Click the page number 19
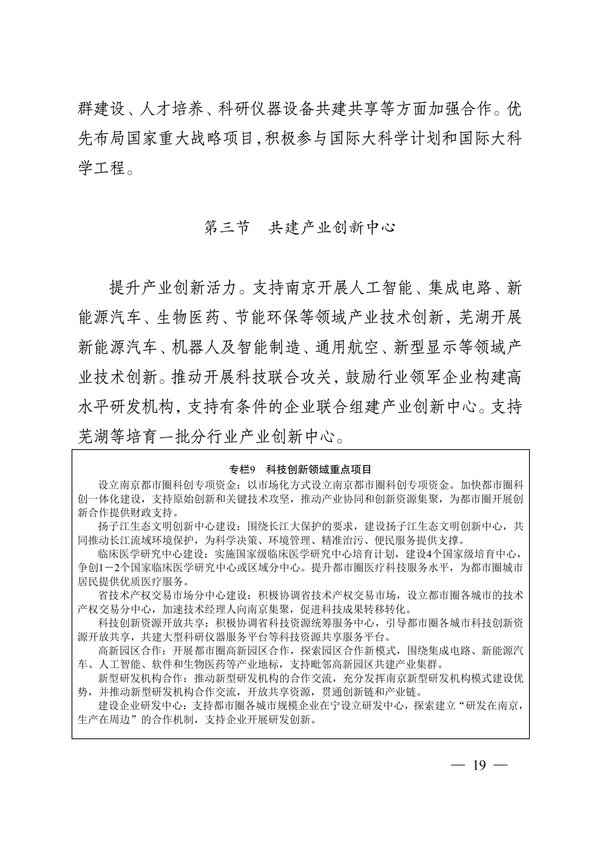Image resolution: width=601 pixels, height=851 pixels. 479,765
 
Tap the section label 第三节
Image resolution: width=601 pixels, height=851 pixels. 227,227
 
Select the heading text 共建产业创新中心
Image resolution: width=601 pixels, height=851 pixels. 332,227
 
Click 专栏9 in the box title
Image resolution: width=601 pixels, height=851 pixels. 242,469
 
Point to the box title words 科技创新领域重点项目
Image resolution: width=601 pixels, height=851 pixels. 318,469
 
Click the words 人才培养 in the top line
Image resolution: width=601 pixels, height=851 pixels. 172,109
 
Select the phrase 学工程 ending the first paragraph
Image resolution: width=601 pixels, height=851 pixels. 101,168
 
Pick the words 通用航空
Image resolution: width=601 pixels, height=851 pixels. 347,347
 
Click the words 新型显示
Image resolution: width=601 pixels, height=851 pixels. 426,347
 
